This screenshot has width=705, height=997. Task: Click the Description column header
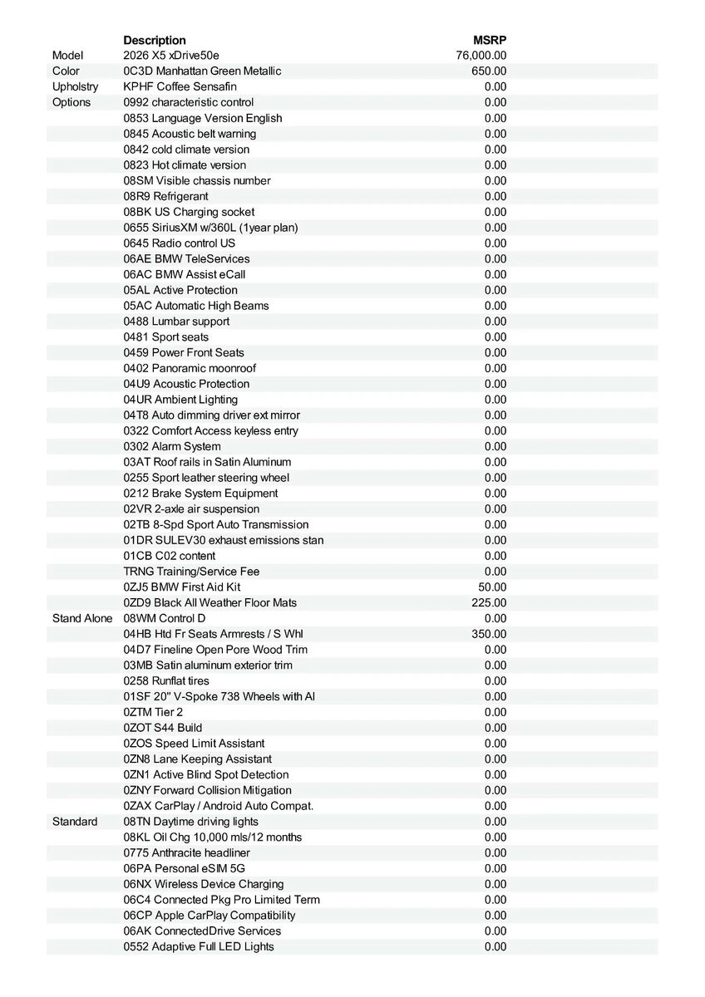coord(155,40)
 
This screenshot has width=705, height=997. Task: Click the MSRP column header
coord(490,40)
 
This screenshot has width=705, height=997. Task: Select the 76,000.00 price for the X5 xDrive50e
coord(481,56)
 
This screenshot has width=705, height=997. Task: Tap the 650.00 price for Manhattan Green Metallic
coord(489,71)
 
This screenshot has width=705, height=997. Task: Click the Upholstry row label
coord(75,86)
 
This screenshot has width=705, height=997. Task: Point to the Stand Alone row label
coord(82,618)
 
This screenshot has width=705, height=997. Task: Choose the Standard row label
coord(75,822)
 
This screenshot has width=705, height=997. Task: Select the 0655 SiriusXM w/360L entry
coord(210,228)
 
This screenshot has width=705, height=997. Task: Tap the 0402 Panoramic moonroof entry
coord(190,368)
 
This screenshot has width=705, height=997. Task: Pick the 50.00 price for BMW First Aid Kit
coord(492,587)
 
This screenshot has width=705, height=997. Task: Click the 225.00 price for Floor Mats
coord(489,603)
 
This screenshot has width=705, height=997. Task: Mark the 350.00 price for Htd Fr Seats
coord(489,634)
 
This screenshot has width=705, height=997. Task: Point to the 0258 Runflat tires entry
coord(166,681)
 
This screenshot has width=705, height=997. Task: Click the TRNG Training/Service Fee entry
coord(191,572)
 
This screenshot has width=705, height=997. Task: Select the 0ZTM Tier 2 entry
coord(153,712)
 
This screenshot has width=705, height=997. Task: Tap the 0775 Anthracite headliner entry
coord(186,853)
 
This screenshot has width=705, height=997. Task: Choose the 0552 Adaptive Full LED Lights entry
coord(199,947)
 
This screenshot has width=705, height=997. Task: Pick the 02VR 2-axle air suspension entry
coord(191,509)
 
